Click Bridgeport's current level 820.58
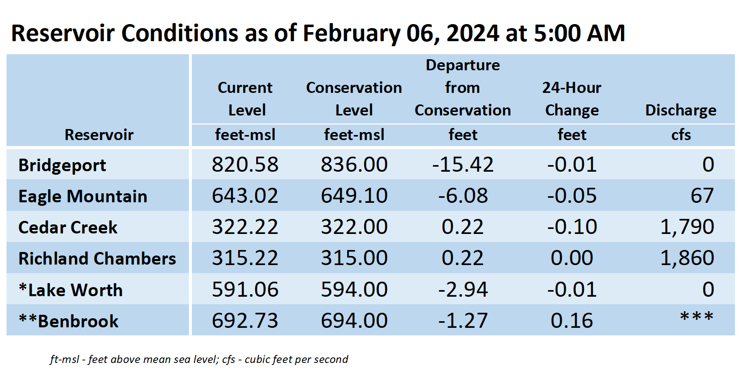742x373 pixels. coord(245,164)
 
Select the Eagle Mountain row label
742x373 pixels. coord(82,196)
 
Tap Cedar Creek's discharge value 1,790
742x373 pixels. coord(687,227)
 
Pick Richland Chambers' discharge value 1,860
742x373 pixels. coord(687,258)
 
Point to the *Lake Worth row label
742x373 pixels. coord(70,290)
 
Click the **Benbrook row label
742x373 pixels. coord(68,321)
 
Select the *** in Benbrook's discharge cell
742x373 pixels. coord(697,317)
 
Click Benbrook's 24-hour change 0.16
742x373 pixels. coord(572,320)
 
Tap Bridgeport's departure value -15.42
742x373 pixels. coord(463,164)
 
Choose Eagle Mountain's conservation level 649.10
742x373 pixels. coord(354,195)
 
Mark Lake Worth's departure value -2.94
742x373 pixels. coord(463,289)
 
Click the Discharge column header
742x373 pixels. coord(681,110)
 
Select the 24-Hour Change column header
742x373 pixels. coord(572,99)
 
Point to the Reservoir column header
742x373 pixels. coord(98,135)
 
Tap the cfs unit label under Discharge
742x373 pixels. coord(681,135)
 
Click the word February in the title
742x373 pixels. coord(351,34)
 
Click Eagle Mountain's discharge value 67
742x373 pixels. coord(702,195)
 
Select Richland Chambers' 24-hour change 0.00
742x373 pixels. coord(572,258)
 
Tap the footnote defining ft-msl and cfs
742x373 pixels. coord(199,359)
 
